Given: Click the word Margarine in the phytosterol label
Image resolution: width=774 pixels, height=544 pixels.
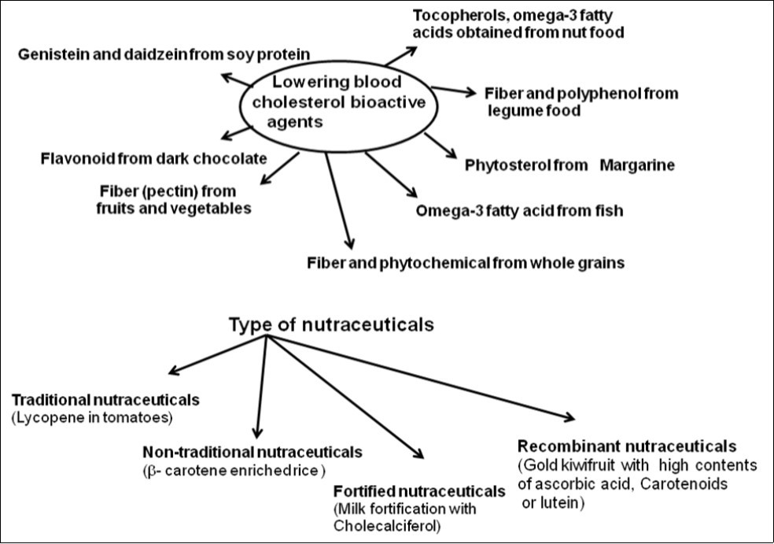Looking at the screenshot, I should click(x=638, y=165).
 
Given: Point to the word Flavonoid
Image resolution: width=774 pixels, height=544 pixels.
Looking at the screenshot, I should click(x=76, y=159).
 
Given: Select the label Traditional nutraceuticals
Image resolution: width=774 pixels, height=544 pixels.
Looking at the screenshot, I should click(x=105, y=400).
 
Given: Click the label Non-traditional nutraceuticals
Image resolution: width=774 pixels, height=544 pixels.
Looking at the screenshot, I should click(x=252, y=452).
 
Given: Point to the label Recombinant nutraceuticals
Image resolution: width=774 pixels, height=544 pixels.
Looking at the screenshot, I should click(x=626, y=446).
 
